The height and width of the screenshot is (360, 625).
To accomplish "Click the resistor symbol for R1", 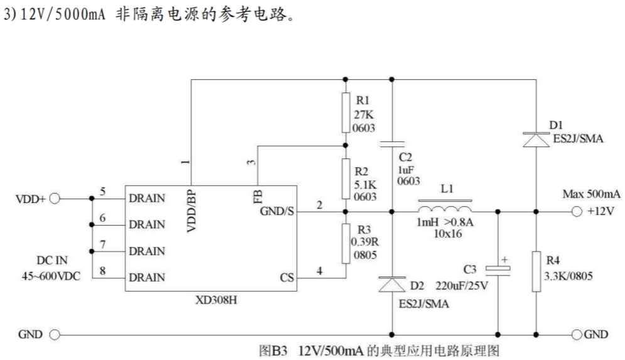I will (345, 112).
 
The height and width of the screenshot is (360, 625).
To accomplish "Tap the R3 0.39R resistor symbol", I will (345, 243).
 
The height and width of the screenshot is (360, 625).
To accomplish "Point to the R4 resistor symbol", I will (536, 271).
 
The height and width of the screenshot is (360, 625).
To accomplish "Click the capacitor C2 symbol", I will (392, 143).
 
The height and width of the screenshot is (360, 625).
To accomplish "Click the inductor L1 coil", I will (445, 206).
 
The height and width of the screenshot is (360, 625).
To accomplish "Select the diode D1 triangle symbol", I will (536, 139).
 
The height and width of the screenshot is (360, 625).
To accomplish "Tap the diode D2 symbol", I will (392, 285).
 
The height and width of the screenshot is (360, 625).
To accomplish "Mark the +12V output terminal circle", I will (577, 212).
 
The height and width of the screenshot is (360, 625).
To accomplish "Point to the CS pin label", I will (287, 277).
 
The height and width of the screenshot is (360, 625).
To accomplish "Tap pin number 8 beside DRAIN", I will (104, 271).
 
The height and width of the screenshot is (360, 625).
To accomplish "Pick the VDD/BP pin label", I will (192, 210).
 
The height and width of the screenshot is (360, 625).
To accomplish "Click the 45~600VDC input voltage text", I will (50, 275).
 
